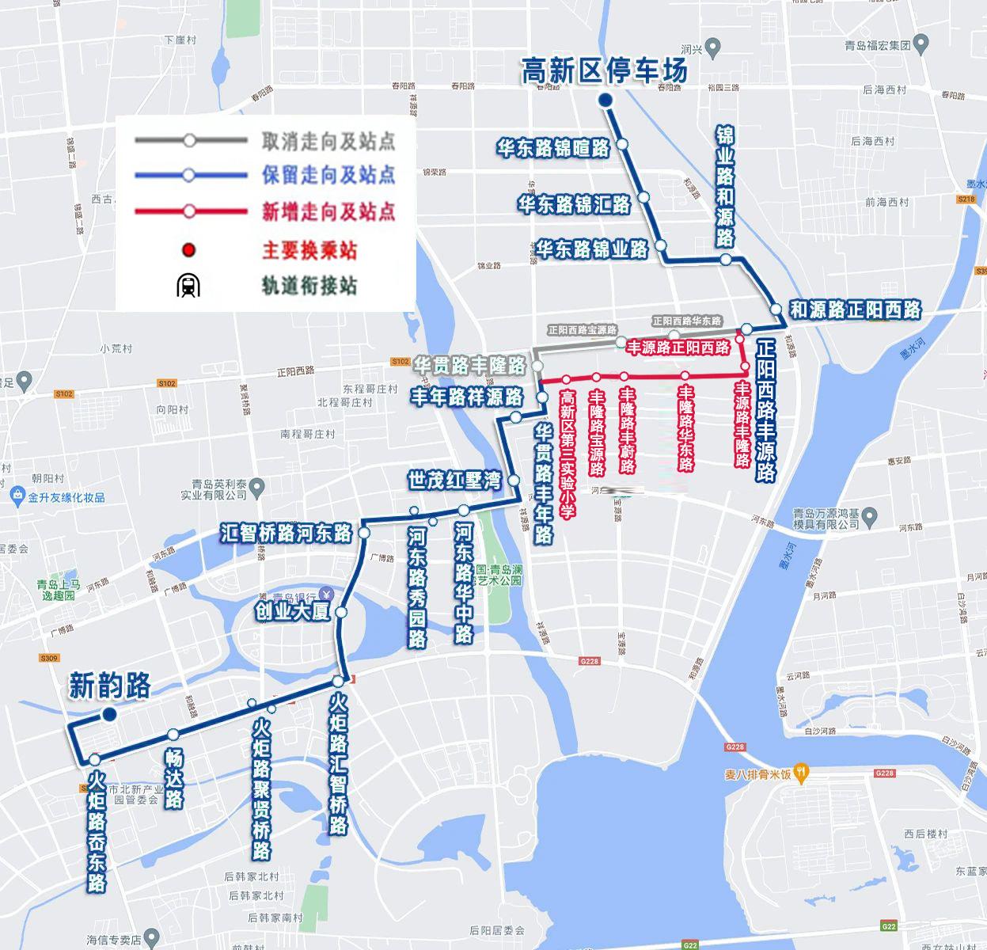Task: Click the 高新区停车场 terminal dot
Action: point(605,101)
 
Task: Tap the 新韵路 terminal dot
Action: point(109,715)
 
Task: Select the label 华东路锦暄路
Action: point(554,147)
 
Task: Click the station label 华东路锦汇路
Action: point(575,204)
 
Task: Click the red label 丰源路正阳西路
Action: point(679,348)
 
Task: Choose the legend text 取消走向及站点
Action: point(328,142)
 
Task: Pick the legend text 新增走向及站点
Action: point(328,212)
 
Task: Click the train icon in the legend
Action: point(188,285)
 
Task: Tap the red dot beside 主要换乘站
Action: point(188,251)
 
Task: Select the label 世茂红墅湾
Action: point(454,480)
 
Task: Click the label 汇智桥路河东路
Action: point(287,533)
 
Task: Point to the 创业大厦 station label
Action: point(292,611)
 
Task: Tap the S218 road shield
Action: point(966,199)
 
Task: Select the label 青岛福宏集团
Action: point(879,45)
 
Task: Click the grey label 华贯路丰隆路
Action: point(470,366)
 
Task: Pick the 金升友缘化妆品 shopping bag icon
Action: point(17,496)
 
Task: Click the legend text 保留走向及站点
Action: point(328,176)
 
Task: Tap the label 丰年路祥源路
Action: point(466,396)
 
